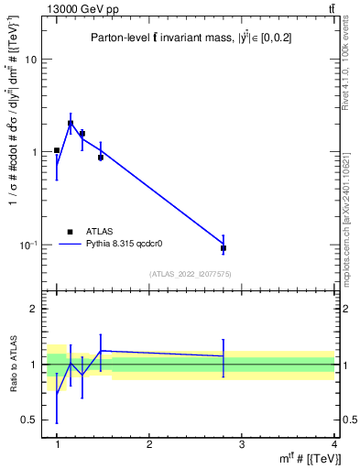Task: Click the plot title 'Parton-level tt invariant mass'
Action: click(183, 38)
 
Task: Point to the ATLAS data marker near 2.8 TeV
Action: click(224, 248)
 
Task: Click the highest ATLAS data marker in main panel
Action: click(71, 124)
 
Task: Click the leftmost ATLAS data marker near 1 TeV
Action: click(57, 150)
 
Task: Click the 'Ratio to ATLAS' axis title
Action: click(13, 365)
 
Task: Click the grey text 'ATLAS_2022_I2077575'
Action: click(191, 274)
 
